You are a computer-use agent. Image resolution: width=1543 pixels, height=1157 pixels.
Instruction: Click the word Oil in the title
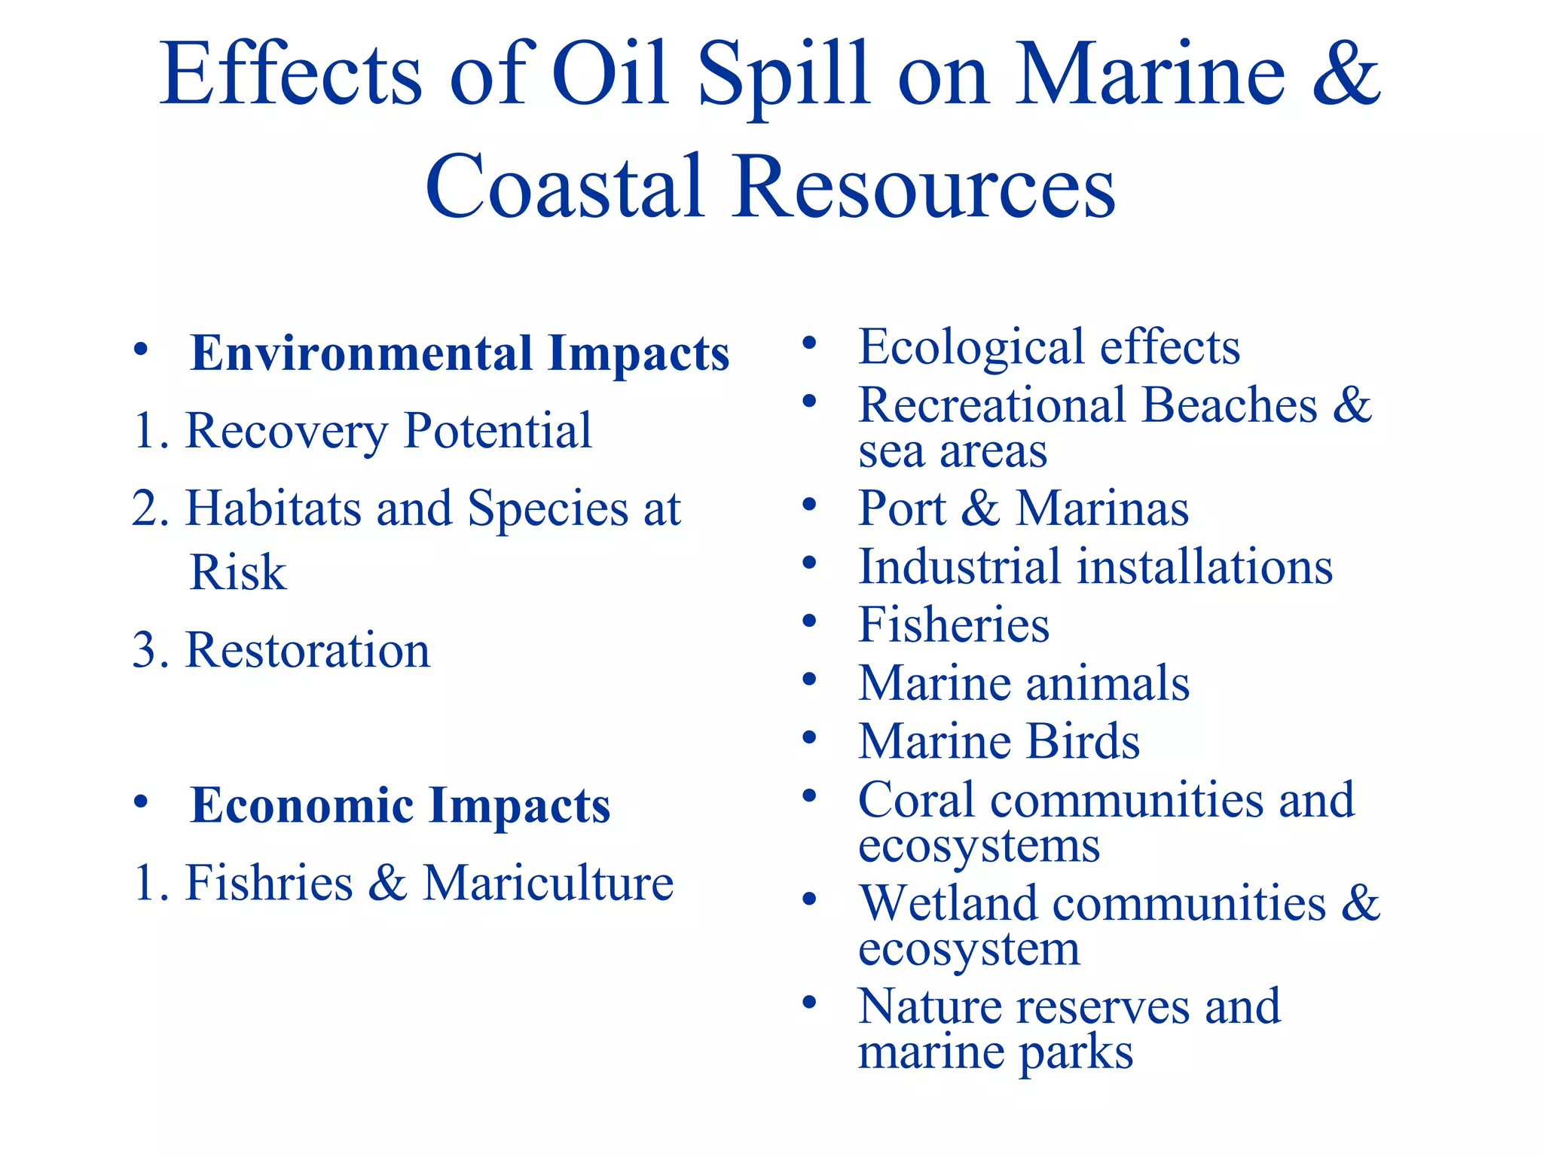tap(610, 75)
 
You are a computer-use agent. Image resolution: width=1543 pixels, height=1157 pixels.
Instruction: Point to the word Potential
tap(498, 431)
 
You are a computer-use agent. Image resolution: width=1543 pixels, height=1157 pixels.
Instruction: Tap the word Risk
tap(238, 572)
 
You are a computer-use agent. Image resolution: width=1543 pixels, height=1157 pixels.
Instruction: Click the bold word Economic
tap(302, 805)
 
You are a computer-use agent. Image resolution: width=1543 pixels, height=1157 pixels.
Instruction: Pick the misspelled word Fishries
tap(269, 883)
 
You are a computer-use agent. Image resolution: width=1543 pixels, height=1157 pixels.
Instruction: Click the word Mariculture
tap(548, 883)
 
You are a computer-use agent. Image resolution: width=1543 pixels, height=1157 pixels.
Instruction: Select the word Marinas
tap(1102, 508)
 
